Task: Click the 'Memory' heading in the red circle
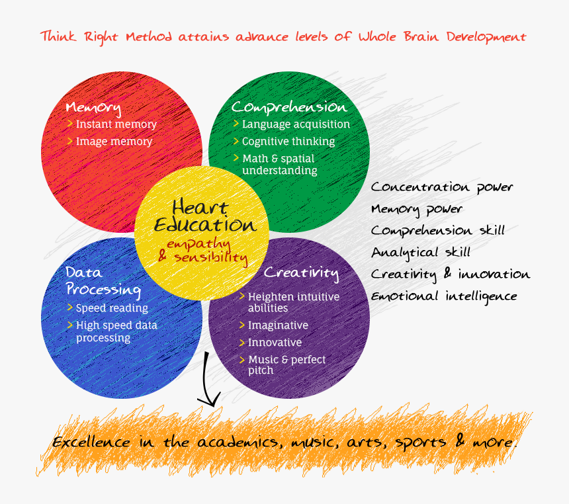pos(93,108)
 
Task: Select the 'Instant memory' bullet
pos(116,124)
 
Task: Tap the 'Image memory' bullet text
pos(114,142)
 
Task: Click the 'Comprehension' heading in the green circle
pos(288,107)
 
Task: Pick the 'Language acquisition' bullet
pos(296,124)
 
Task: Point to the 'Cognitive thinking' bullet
pos(288,142)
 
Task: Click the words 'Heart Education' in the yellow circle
pos(204,216)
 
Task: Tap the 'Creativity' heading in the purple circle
pos(301,273)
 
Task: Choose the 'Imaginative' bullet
pos(278,325)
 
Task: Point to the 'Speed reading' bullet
pos(112,308)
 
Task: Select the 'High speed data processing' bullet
pos(116,331)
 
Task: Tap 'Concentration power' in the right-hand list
pos(442,188)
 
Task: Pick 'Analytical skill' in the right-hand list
pos(421,252)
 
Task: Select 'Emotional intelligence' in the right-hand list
pos(443,296)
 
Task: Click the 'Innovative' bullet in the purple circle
pos(275,343)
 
